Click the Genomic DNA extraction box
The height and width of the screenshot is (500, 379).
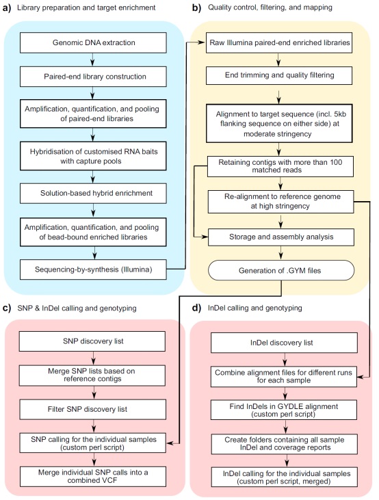(x=93, y=42)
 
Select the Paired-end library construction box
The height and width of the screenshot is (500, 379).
(x=93, y=77)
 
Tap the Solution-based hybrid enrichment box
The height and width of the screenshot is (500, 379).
(x=93, y=194)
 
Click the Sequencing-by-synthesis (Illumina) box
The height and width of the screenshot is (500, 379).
(x=93, y=269)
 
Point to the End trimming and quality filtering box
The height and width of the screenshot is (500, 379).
(x=279, y=75)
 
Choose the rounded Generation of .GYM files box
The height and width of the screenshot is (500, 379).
(x=281, y=270)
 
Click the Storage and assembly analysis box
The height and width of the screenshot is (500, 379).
(x=281, y=237)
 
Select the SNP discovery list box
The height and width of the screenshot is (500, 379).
(x=92, y=341)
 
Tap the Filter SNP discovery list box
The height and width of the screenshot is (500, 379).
(x=93, y=410)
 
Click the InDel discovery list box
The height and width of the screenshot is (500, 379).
(x=284, y=343)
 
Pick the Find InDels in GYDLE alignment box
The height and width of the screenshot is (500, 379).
(x=284, y=410)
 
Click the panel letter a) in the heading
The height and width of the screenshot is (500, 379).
(x=6, y=8)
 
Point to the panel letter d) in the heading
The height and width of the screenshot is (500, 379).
(x=196, y=308)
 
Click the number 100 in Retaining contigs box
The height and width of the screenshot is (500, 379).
(x=336, y=162)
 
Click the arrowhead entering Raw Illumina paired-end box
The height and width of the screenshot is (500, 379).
(x=202, y=42)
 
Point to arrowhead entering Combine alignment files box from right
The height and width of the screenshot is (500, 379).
(x=360, y=378)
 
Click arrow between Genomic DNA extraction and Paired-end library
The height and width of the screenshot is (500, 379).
(x=92, y=60)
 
